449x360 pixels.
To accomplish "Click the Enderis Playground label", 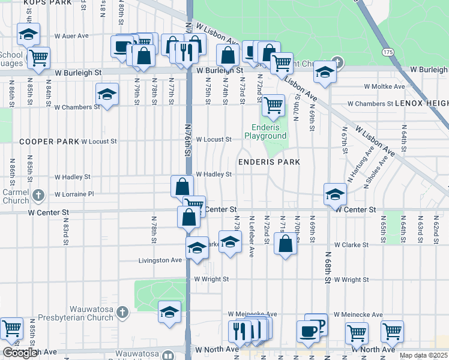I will (x=265, y=131).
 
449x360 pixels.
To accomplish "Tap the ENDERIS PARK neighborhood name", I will (x=268, y=162).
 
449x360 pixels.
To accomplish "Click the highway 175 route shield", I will (x=388, y=53).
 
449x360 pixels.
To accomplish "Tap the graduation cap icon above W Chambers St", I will (x=107, y=94).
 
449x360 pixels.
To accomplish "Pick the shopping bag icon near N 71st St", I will (x=286, y=244).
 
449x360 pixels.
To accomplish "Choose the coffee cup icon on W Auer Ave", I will (x=122, y=46).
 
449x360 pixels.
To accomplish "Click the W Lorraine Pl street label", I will (x=74, y=194).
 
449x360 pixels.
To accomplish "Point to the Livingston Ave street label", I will (x=160, y=260).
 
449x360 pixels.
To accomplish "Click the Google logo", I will (x=20, y=353).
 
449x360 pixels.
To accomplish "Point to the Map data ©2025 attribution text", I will (x=424, y=355).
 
